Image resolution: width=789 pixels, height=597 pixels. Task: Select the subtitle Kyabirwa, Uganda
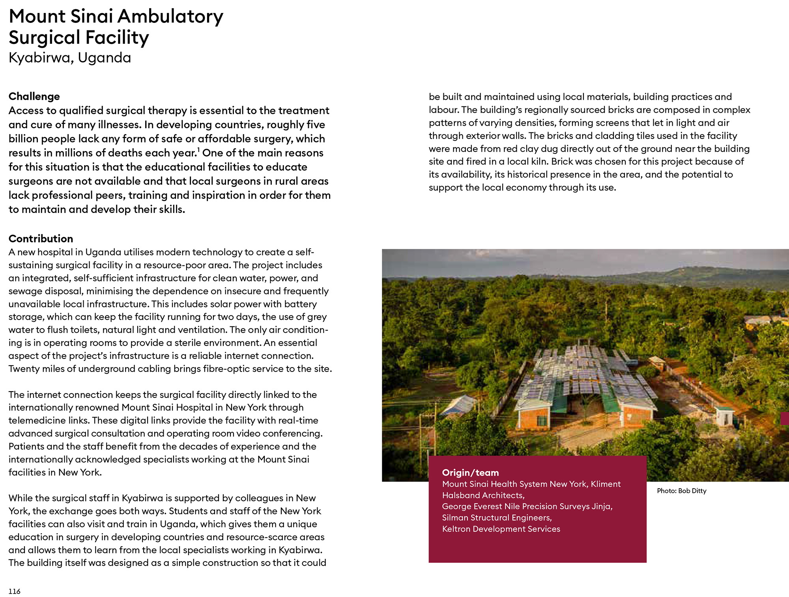click(x=70, y=58)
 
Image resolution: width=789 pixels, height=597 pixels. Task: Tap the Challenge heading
click(x=34, y=97)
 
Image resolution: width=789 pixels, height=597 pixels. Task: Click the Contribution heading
click(x=41, y=239)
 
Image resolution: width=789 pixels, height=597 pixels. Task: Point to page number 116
click(x=14, y=591)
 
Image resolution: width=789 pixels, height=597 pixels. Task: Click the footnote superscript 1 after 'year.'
click(x=198, y=150)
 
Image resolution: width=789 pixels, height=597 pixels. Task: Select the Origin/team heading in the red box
click(x=470, y=472)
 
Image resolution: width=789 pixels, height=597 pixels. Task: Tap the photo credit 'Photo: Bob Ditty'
click(x=681, y=491)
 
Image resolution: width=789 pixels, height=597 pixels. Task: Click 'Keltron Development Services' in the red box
click(x=501, y=529)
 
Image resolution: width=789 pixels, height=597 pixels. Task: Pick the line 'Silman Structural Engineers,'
click(x=497, y=518)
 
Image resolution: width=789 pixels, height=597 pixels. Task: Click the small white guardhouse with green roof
click(x=725, y=416)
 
